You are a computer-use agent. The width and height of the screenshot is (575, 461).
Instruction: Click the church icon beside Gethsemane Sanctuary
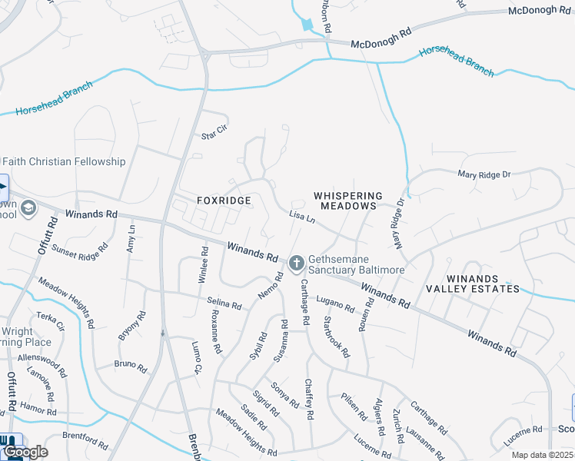(297, 264)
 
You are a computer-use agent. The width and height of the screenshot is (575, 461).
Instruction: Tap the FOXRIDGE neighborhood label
(224, 201)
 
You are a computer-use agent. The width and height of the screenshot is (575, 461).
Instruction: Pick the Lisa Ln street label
(302, 218)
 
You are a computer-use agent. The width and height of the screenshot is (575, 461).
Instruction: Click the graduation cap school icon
(28, 208)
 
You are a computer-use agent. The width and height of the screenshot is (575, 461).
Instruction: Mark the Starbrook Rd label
(337, 337)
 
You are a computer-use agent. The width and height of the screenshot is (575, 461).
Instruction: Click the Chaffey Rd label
(309, 400)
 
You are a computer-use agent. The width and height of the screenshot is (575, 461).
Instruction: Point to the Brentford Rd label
(85, 439)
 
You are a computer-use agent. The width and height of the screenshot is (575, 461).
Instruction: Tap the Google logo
(25, 451)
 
